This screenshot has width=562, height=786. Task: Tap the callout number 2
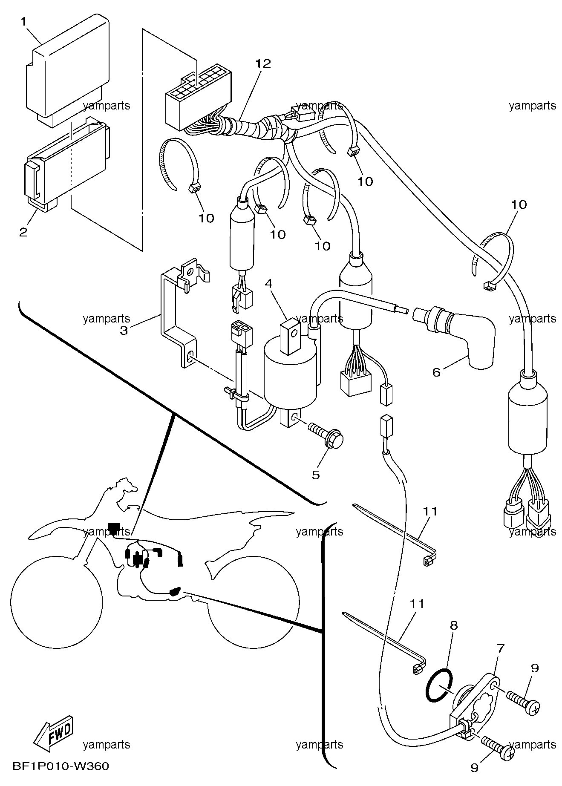point(23,232)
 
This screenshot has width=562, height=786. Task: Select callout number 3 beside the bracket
point(124,330)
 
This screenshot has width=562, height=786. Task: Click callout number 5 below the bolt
point(316,475)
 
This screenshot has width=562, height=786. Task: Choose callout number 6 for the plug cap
point(436,372)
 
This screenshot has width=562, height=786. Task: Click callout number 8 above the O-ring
point(454,625)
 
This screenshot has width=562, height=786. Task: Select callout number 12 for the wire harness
point(263,63)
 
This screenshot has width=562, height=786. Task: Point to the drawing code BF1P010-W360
point(61,767)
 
